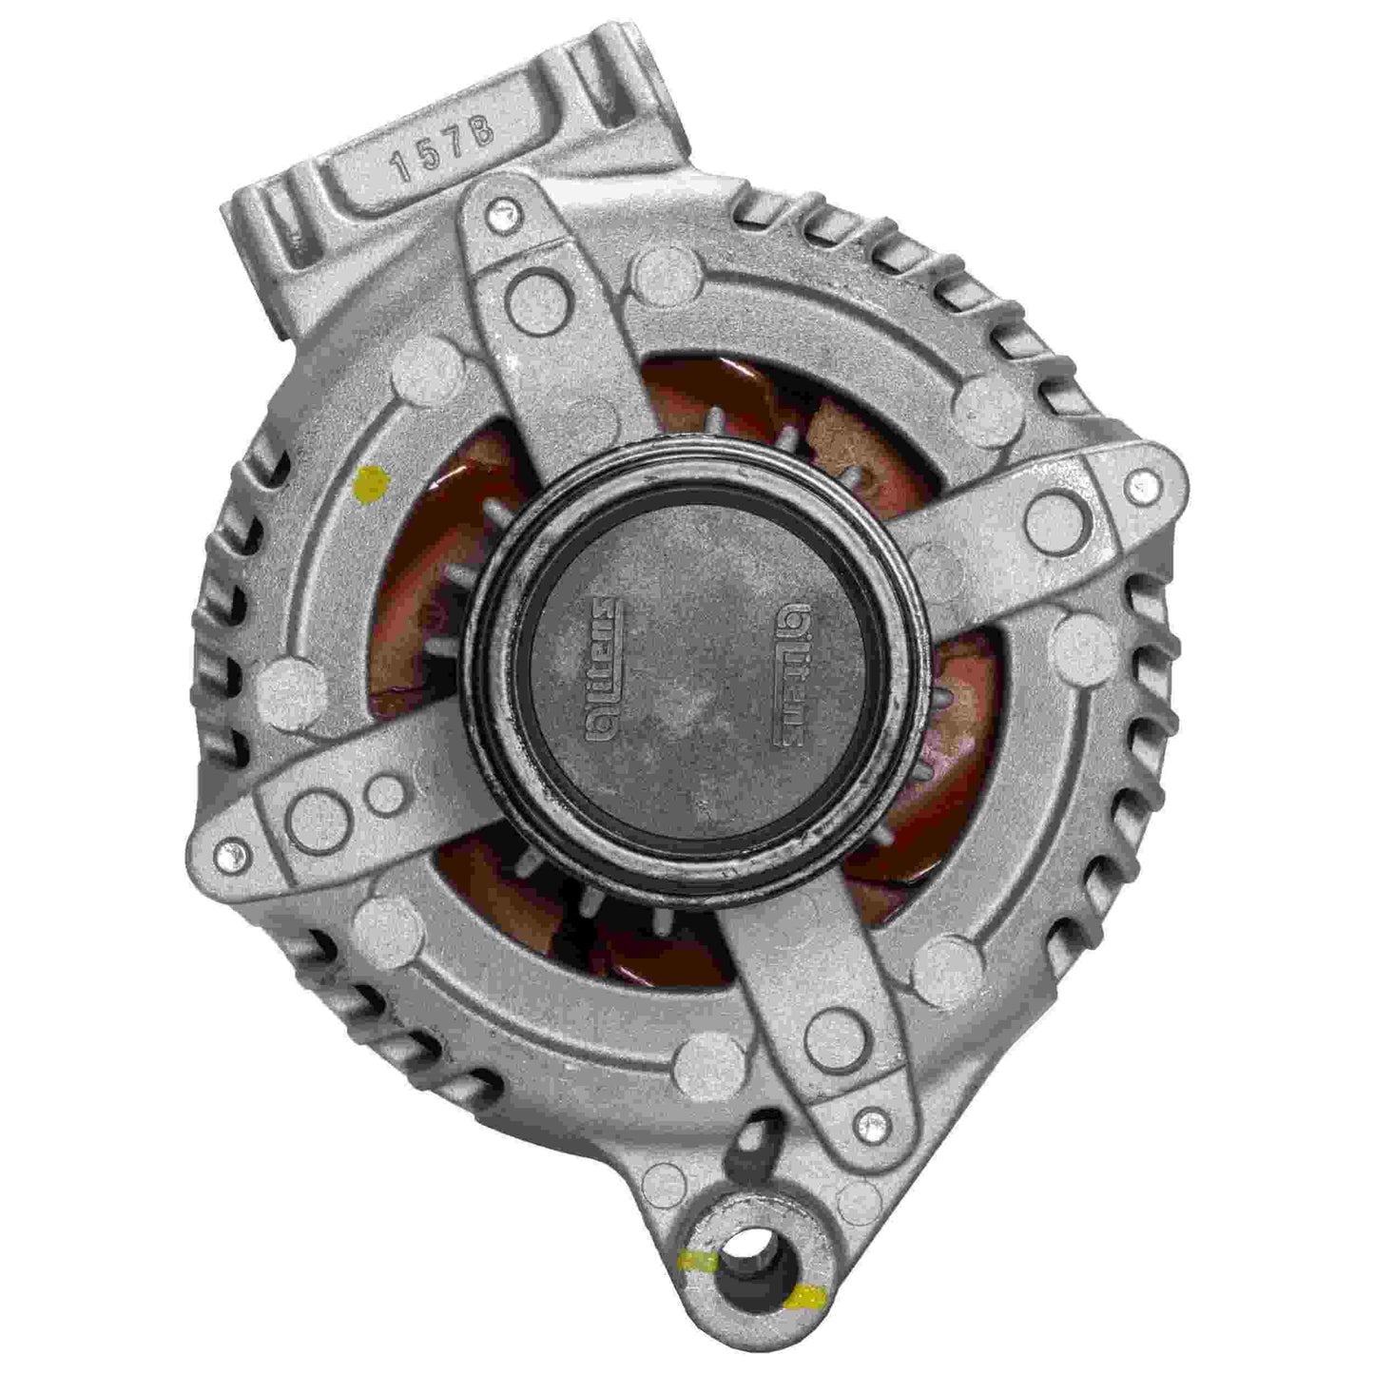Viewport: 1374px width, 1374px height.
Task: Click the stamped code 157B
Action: point(444,150)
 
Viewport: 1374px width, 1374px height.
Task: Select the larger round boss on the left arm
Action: point(317,819)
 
